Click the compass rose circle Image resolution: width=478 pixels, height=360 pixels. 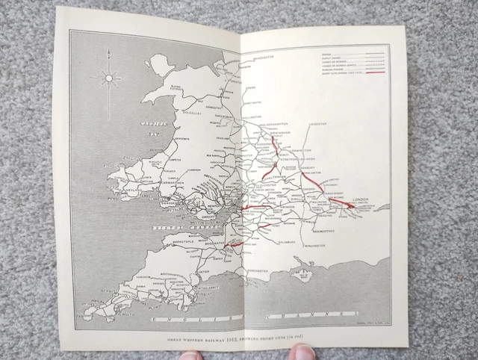click(109, 77)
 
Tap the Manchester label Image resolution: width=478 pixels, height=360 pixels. click(263, 57)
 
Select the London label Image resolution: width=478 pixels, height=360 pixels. click(362, 199)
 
